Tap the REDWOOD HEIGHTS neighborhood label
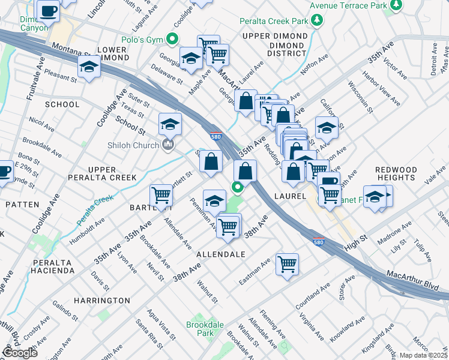[x=396, y=174]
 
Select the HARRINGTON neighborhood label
[x=101, y=300]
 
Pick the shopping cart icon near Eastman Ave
[x=288, y=263]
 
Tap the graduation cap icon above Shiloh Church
[x=170, y=124]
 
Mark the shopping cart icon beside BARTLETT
[x=161, y=194]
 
